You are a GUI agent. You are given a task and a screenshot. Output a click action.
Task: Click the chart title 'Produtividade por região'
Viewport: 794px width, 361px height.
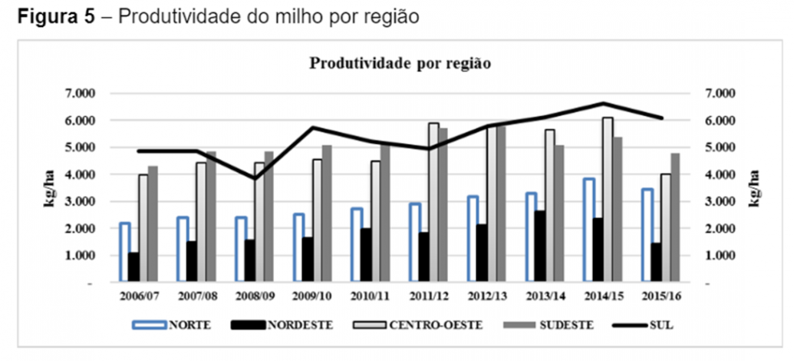tap(399, 63)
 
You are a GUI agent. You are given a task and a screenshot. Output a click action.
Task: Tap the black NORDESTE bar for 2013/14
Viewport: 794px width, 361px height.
tap(539, 246)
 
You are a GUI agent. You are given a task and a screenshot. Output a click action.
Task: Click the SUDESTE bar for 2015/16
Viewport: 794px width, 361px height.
tap(675, 217)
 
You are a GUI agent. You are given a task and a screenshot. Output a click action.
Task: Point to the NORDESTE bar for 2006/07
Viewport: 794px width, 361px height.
tap(133, 267)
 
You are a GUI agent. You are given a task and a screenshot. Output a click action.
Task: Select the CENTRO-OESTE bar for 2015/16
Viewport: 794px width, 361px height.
tap(665, 227)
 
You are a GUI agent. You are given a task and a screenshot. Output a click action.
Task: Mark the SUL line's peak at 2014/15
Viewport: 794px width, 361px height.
tap(604, 103)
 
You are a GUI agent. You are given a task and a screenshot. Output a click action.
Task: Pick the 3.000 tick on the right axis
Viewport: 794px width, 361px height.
tap(719, 201)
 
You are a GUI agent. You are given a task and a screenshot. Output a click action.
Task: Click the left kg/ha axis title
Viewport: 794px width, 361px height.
tap(50, 187)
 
